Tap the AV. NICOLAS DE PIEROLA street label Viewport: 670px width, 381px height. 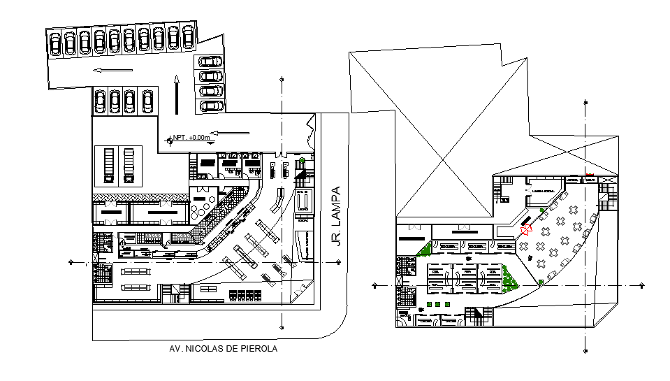pos(223,349)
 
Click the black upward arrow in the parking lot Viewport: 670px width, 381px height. pos(177,94)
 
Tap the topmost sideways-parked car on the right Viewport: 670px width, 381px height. pos(211,61)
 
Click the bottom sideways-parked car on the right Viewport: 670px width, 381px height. pos(211,106)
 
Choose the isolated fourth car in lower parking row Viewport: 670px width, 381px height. pos(147,101)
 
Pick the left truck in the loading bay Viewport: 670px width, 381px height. pos(108,164)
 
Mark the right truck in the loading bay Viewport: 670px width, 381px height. pos(128,164)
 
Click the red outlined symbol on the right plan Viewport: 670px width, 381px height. pos(527,228)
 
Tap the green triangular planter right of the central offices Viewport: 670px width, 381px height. pos(511,279)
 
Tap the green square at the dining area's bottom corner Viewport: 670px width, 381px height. pos(541,282)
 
